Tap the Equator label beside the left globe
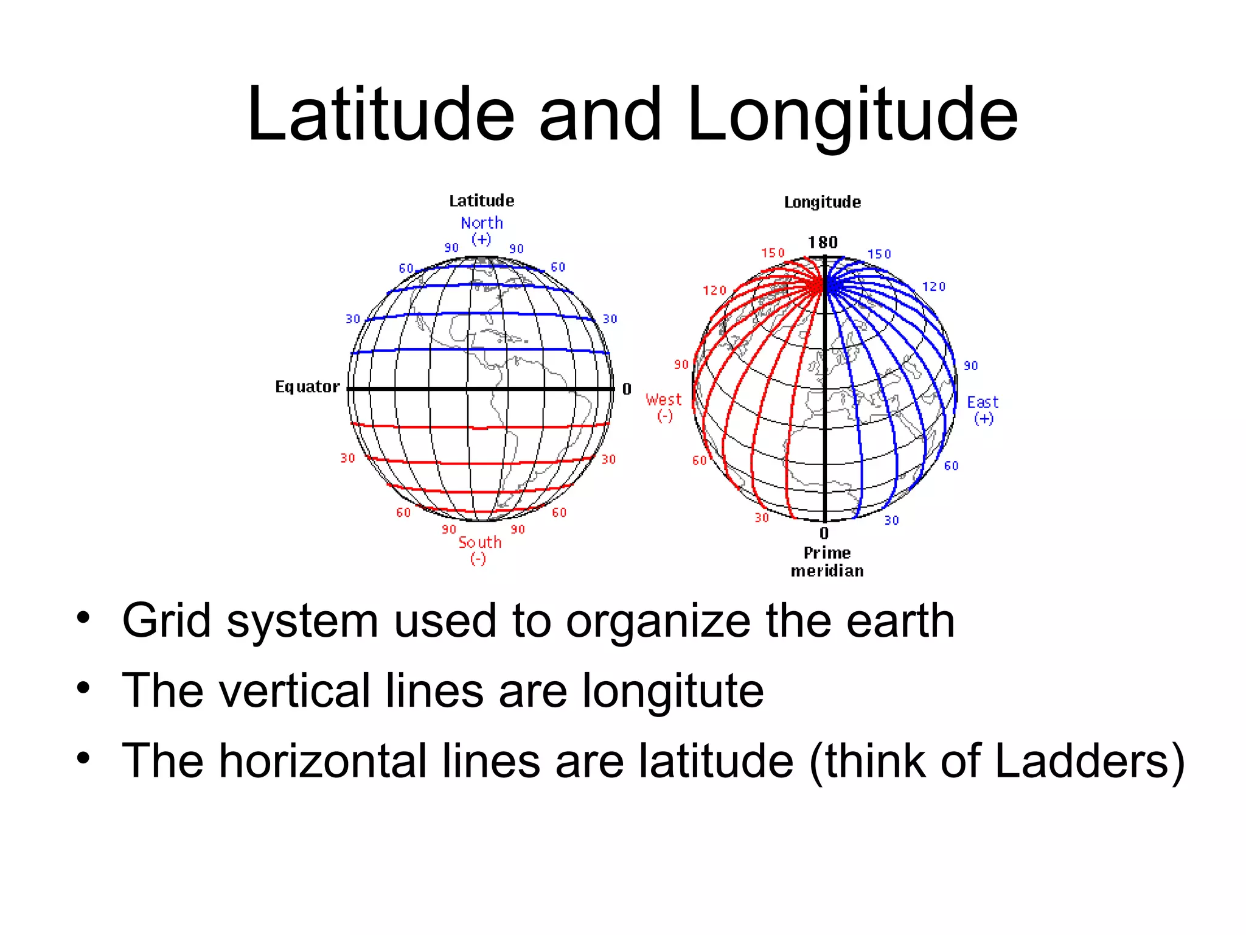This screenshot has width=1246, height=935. (307, 387)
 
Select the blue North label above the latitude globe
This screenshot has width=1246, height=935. (482, 223)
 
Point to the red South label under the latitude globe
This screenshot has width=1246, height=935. (480, 542)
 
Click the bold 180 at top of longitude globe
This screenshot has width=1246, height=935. (823, 243)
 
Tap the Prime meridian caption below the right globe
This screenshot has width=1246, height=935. (827, 562)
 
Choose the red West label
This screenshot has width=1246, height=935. (664, 400)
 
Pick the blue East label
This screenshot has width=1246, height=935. (983, 402)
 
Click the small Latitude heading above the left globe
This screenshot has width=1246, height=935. (481, 201)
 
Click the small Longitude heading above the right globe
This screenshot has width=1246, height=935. (822, 202)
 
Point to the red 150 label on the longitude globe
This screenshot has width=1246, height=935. (773, 253)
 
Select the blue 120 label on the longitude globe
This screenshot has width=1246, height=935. (933, 287)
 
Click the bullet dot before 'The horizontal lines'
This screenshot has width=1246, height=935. (83, 758)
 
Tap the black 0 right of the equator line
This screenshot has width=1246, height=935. (627, 389)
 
